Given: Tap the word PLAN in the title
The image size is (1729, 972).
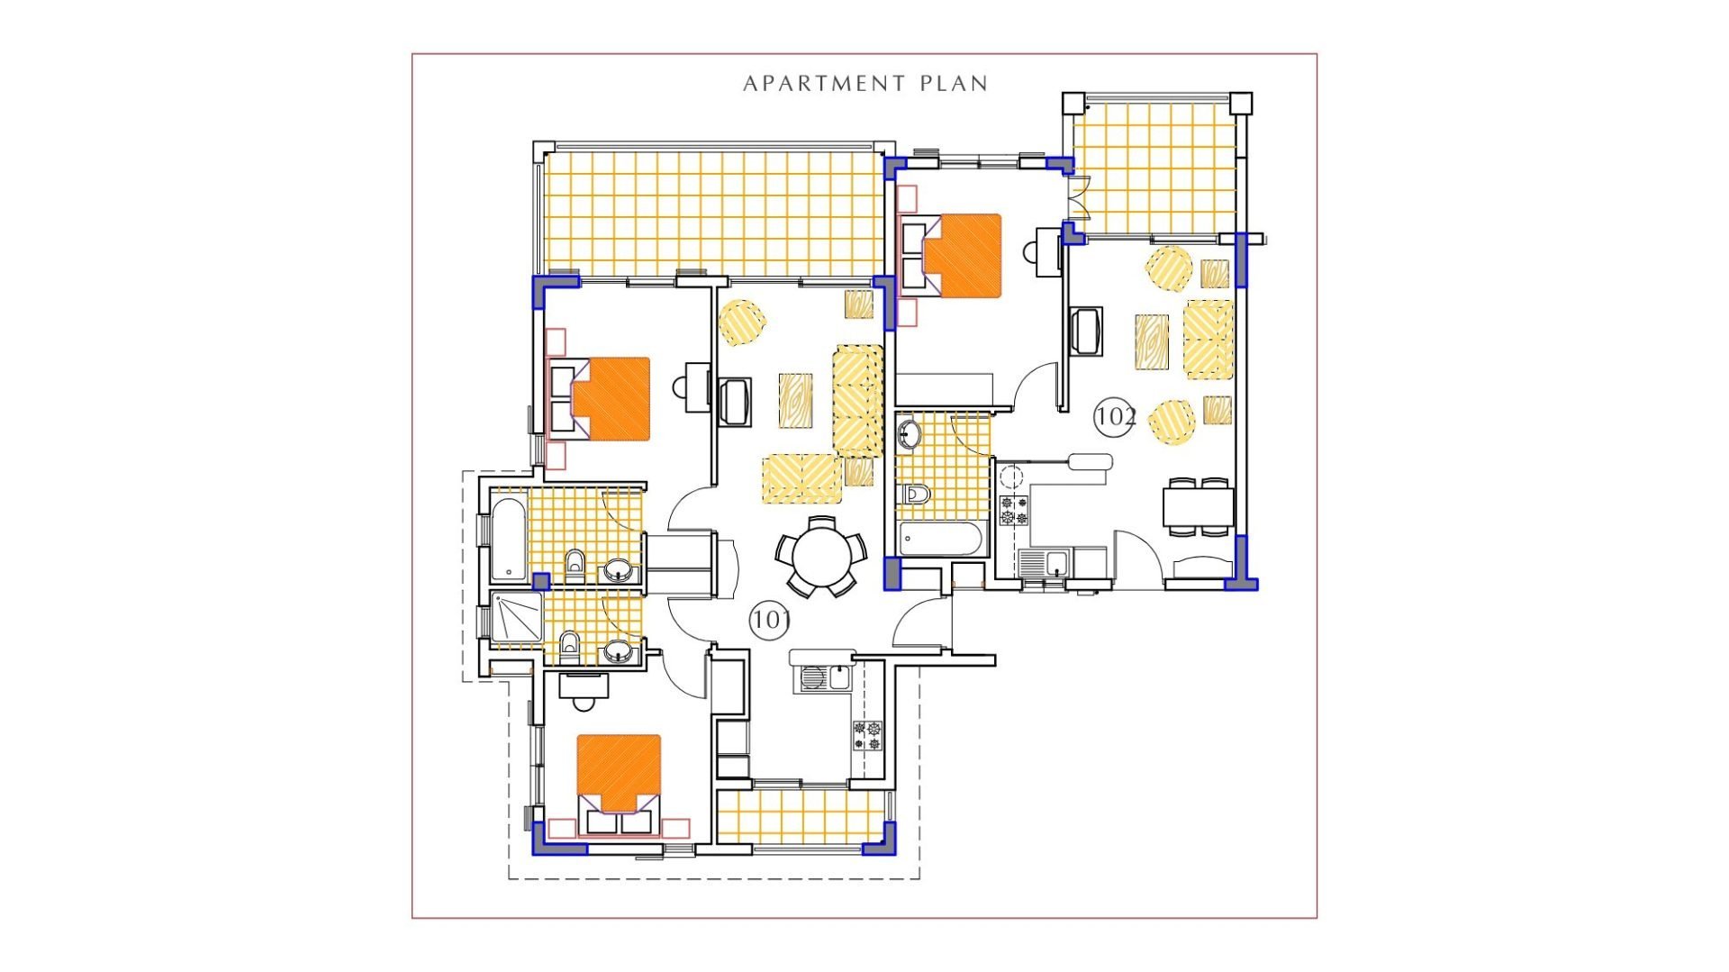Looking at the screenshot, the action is click(x=954, y=84).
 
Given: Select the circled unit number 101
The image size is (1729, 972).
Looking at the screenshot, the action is click(x=770, y=620).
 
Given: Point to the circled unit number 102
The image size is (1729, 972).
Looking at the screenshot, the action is click(x=1115, y=416).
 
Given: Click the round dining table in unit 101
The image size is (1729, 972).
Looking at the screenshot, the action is click(x=820, y=557).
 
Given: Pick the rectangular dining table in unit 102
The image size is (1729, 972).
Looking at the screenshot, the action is click(x=1198, y=506).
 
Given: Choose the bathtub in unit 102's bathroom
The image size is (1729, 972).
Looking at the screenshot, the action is click(x=940, y=539).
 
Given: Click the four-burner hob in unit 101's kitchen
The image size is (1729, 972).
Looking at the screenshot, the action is click(x=868, y=735).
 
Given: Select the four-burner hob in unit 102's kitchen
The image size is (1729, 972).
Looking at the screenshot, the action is click(x=1014, y=510).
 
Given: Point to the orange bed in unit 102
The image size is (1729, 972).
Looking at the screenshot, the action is click(x=963, y=256).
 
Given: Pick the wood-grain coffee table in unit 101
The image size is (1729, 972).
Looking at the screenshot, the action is click(x=796, y=401).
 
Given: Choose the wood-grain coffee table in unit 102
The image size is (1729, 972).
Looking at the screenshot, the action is click(x=1152, y=342).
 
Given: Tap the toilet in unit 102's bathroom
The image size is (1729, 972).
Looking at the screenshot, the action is click(x=915, y=494).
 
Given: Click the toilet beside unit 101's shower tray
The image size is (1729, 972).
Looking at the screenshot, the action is click(x=569, y=645).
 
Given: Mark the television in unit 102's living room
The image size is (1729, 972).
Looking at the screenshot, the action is click(x=1087, y=332).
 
